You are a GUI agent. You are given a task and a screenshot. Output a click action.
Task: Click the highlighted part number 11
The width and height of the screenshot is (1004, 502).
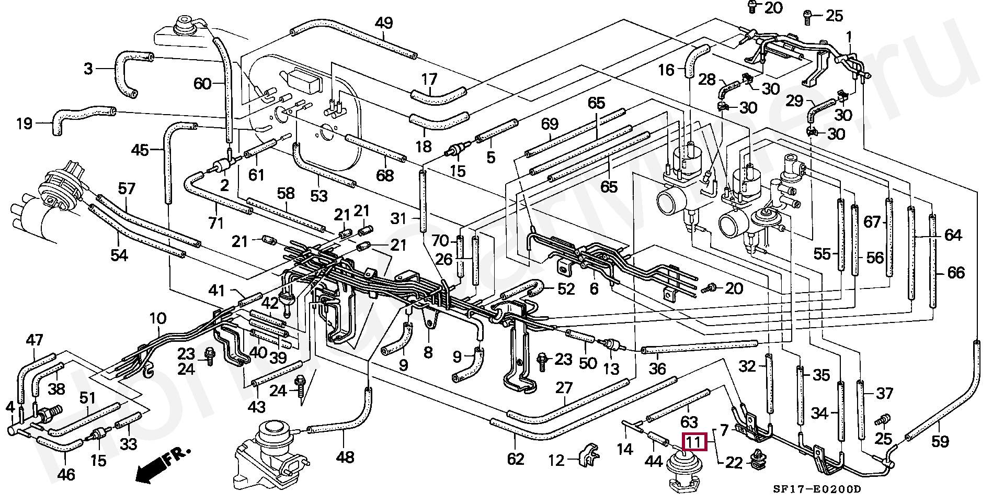(693, 442)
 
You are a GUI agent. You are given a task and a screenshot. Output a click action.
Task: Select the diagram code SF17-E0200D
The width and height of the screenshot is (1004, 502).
(817, 489)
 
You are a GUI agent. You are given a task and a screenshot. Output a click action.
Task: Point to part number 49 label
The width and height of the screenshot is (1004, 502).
(384, 23)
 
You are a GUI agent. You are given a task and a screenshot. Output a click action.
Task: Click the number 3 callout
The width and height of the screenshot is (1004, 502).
(88, 68)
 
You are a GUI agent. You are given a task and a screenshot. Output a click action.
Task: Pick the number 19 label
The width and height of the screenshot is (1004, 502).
(24, 124)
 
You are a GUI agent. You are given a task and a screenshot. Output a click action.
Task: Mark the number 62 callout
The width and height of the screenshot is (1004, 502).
(516, 459)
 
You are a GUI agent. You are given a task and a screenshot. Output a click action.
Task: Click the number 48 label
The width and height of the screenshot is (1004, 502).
(345, 458)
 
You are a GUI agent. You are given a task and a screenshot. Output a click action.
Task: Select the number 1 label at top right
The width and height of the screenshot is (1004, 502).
(849, 37)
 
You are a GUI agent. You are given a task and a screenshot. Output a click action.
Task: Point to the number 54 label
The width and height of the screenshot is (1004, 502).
(119, 255)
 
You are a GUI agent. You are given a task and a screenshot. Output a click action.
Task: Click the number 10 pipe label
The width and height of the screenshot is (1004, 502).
(157, 318)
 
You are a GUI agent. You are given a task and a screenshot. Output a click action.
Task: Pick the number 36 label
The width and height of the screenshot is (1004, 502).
(657, 369)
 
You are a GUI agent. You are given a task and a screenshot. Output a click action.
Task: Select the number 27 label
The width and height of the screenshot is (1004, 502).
(564, 388)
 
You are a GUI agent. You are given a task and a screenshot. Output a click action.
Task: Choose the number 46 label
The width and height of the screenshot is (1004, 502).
(66, 475)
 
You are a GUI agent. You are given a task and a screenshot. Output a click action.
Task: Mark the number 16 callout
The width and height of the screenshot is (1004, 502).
(666, 70)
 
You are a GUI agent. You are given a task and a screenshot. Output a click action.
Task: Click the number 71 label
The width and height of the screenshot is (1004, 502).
(215, 222)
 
